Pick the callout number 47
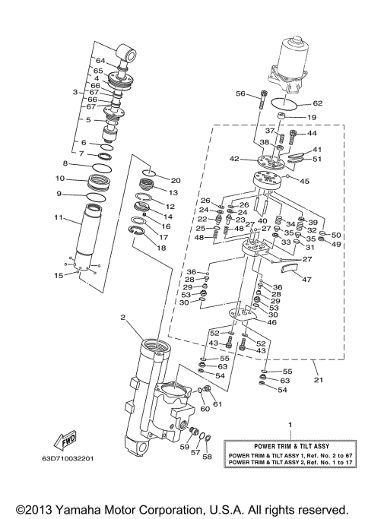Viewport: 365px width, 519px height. [306, 280]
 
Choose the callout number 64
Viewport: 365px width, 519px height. [100, 60]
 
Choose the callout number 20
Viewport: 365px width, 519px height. [176, 180]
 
